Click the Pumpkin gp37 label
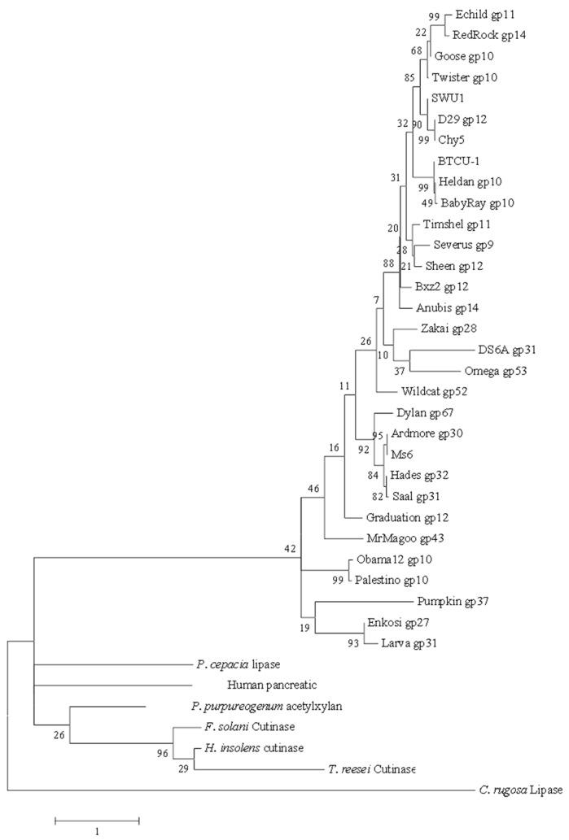point(457,602)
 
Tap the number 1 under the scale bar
point(97,832)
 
